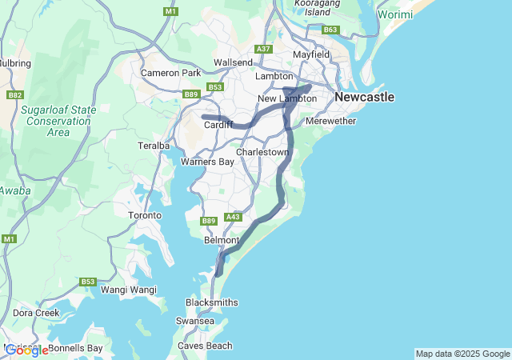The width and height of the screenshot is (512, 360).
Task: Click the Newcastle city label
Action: [x=364, y=97]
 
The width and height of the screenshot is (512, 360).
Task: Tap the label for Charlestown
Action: [x=262, y=151]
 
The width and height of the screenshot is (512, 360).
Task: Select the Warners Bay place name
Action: [x=207, y=162]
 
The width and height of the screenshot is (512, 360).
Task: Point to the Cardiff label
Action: [x=218, y=125]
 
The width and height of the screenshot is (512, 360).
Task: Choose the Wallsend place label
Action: [x=233, y=62]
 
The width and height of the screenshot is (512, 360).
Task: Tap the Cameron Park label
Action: [x=170, y=73]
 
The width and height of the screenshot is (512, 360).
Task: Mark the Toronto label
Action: [x=145, y=215]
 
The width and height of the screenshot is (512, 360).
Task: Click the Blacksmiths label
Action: [x=211, y=302]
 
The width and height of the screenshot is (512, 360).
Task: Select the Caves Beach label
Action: [x=205, y=346]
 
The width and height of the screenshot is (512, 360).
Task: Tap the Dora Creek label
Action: [x=36, y=313]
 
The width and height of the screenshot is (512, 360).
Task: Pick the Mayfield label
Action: [x=311, y=54]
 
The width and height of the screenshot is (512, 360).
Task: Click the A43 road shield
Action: [x=234, y=217]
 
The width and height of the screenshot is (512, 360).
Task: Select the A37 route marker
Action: [x=263, y=50]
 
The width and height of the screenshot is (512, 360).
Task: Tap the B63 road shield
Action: [x=330, y=30]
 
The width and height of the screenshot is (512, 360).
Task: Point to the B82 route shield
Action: [x=14, y=94]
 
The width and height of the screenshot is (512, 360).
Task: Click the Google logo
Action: [x=26, y=350]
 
